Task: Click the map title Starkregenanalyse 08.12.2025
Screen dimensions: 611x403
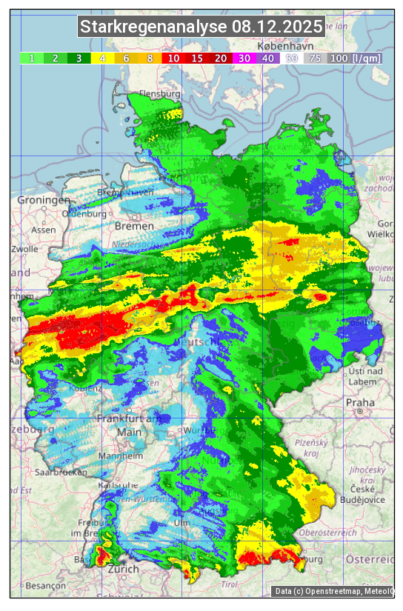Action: point(201,27)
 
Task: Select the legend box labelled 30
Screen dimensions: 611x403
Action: point(243,58)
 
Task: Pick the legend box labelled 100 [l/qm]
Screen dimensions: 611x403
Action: point(355,58)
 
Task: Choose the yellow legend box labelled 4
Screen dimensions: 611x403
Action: point(103,58)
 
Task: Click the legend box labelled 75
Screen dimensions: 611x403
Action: point(315,58)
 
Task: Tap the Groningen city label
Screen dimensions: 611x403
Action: point(44,201)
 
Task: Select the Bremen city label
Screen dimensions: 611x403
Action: point(134,225)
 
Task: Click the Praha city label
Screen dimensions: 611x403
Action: point(360,402)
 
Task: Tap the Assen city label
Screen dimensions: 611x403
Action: point(44,230)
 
